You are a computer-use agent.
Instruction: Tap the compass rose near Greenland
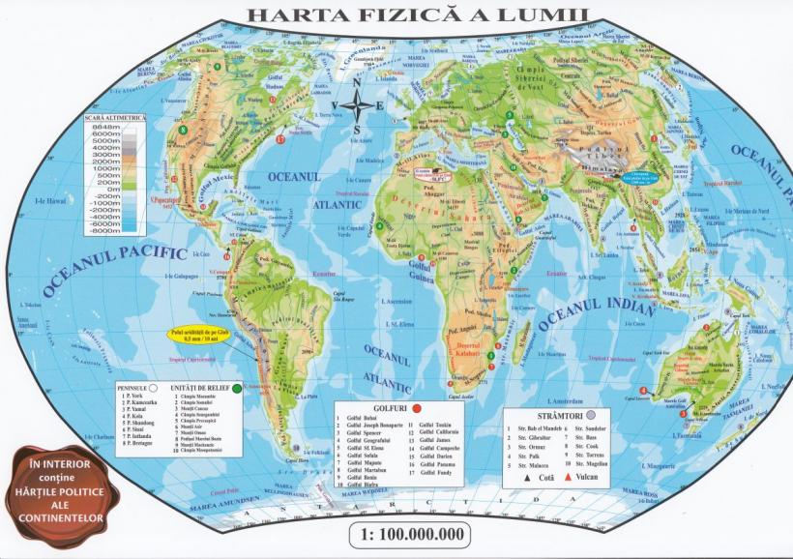pyautogui.click(x=358, y=107)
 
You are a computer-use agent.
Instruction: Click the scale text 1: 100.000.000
pyautogui.click(x=407, y=534)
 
